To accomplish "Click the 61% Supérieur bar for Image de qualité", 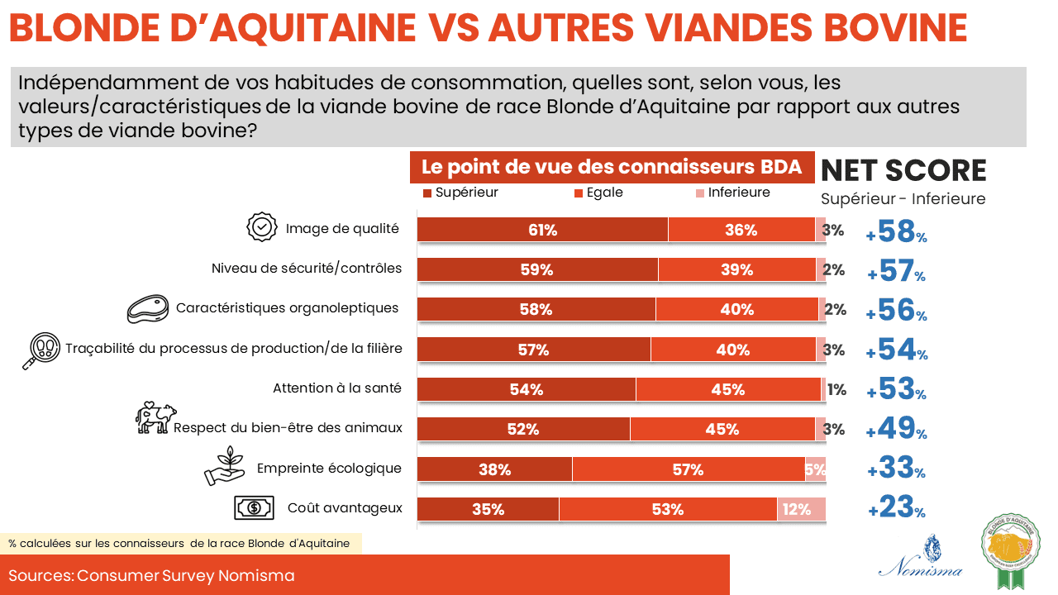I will (542, 230).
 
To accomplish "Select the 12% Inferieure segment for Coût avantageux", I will (801, 509).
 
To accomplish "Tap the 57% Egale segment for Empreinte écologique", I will (688, 469).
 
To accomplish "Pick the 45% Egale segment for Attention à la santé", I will (728, 389).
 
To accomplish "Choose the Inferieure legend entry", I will (732, 193).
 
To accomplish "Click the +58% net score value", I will (897, 232).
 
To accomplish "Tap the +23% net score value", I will (897, 507).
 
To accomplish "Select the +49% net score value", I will (897, 428).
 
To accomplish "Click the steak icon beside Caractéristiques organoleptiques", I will (147, 308).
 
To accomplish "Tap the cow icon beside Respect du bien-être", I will (155, 418).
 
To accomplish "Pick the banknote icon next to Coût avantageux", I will (254, 507).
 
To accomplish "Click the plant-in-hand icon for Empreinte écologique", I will (225, 466).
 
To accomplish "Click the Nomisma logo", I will (920, 556).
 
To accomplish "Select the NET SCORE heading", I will (903, 170).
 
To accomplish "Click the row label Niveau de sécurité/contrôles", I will (307, 269).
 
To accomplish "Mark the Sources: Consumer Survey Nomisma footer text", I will (151, 575).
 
